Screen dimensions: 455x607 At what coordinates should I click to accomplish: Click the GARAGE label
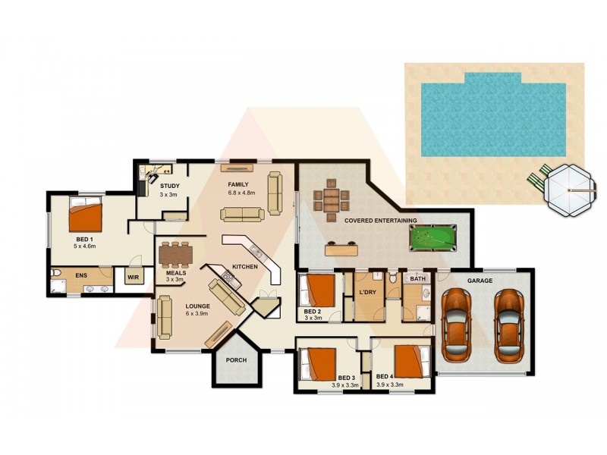480,281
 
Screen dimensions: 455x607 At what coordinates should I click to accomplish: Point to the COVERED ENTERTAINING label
380,221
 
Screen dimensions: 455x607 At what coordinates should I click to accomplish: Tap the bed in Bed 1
85,215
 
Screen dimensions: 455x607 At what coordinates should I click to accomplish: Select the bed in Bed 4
410,361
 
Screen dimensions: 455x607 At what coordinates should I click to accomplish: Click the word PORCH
237,359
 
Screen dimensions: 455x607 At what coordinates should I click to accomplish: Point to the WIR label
133,278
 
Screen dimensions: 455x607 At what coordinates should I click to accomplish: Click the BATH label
417,279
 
